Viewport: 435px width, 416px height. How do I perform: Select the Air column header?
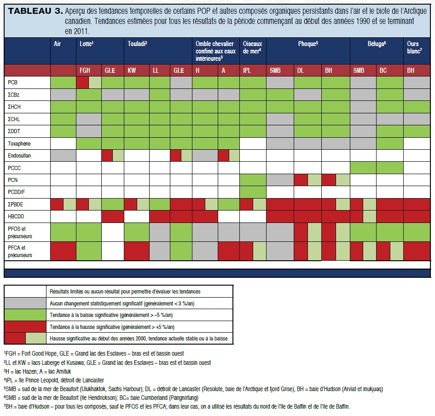pos(57,44)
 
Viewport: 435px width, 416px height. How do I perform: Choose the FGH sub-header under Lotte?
pos(85,70)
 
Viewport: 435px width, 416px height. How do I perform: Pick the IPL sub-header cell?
pos(248,70)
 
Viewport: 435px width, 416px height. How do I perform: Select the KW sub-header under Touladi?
pos(132,70)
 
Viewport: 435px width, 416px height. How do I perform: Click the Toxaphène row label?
pos(20,143)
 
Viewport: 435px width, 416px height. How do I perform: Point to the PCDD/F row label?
pos(18,192)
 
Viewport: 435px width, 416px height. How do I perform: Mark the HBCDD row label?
pos(17,217)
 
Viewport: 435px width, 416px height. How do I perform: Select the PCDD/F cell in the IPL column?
pos(253,192)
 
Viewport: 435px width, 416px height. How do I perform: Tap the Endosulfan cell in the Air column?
pos(63,155)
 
